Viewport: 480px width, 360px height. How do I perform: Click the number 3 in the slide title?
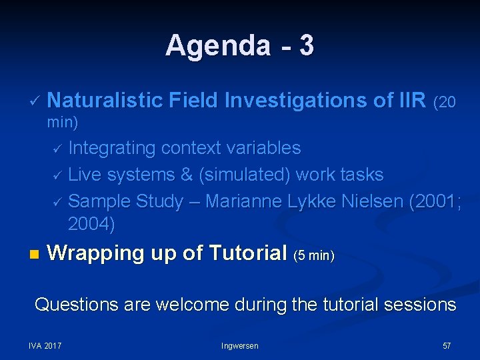point(307,46)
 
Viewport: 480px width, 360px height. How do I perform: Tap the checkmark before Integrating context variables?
point(57,149)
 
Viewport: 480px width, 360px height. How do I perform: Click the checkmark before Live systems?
point(57,176)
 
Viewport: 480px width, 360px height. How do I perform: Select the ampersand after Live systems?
point(187,175)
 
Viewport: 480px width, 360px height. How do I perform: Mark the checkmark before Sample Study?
point(57,203)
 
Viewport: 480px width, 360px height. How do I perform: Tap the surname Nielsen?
point(366,201)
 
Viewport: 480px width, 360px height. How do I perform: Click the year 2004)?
point(92,225)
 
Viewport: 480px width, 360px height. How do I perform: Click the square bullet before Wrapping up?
point(34,255)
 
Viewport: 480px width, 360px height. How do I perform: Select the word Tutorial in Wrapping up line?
point(247,253)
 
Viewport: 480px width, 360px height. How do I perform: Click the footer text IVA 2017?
point(45,345)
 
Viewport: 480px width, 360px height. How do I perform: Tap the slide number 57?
point(447,345)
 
